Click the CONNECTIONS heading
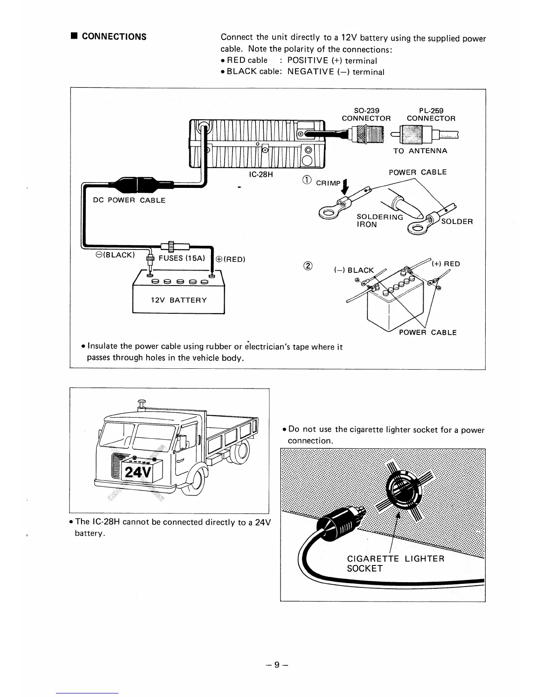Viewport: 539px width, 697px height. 114,37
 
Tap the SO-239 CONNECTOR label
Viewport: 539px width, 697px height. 366,114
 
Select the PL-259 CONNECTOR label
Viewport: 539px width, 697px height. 431,114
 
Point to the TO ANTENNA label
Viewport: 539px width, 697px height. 420,151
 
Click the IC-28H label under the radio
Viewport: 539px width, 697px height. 261,175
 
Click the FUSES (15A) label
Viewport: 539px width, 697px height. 182,258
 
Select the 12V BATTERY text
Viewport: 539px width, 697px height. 178,300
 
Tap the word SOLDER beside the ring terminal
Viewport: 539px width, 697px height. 457,221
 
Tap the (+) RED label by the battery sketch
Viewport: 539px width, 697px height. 446,264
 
